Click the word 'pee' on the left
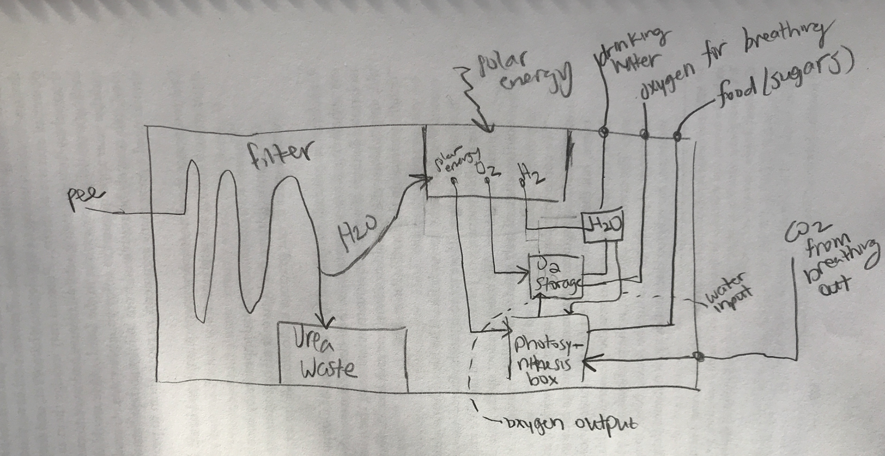coord(85,199)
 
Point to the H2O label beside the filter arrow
coord(358,233)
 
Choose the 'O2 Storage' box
coord(556,277)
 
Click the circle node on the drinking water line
coord(603,132)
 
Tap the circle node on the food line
coord(677,136)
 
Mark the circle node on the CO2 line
coord(698,356)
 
